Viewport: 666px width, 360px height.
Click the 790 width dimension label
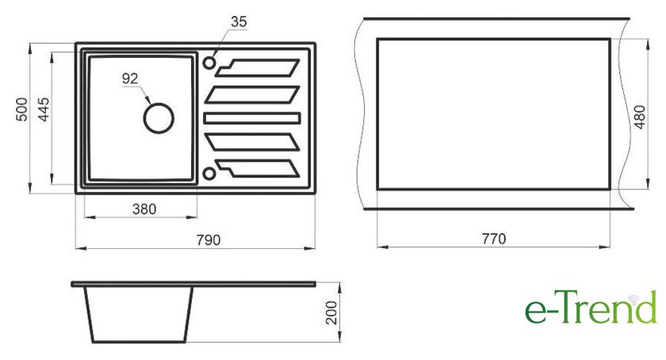(208, 240)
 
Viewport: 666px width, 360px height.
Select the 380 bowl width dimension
(144, 209)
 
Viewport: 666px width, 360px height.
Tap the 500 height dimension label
(21, 109)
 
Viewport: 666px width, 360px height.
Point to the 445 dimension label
(44, 109)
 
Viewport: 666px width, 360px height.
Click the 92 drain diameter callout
(130, 79)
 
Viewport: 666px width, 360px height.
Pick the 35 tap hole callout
(239, 21)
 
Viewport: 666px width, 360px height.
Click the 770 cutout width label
(493, 239)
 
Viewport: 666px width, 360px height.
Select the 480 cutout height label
(639, 117)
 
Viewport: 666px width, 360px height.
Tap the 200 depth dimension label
(331, 312)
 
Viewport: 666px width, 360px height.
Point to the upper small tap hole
(209, 63)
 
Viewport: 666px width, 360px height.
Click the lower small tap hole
(209, 174)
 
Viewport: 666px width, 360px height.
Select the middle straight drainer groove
(252, 118)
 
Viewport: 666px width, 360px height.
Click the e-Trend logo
(591, 307)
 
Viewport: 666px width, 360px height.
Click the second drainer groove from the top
(252, 95)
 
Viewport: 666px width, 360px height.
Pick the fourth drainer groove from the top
(252, 142)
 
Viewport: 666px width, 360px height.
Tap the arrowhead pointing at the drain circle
(147, 100)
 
